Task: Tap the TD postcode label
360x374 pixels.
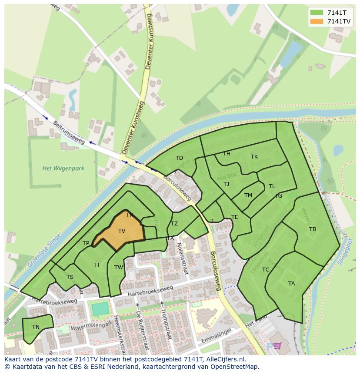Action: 179,158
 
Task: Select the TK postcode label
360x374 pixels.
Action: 254,157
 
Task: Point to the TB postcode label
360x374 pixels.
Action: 312,229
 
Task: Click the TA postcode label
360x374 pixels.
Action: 291,284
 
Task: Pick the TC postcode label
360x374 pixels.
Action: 266,270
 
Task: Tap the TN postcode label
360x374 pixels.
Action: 36,327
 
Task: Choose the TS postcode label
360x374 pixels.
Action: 70,277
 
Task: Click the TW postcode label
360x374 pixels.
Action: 119,268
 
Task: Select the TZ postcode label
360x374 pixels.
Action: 174,224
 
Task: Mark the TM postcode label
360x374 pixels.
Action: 248,195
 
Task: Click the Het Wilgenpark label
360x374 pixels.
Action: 63,168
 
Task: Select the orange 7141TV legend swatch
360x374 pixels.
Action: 317,21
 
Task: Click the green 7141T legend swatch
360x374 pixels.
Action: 317,13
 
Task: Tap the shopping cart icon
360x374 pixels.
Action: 277,346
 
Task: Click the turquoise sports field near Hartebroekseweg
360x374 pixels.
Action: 100,309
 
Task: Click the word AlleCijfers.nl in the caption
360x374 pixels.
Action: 226,359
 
